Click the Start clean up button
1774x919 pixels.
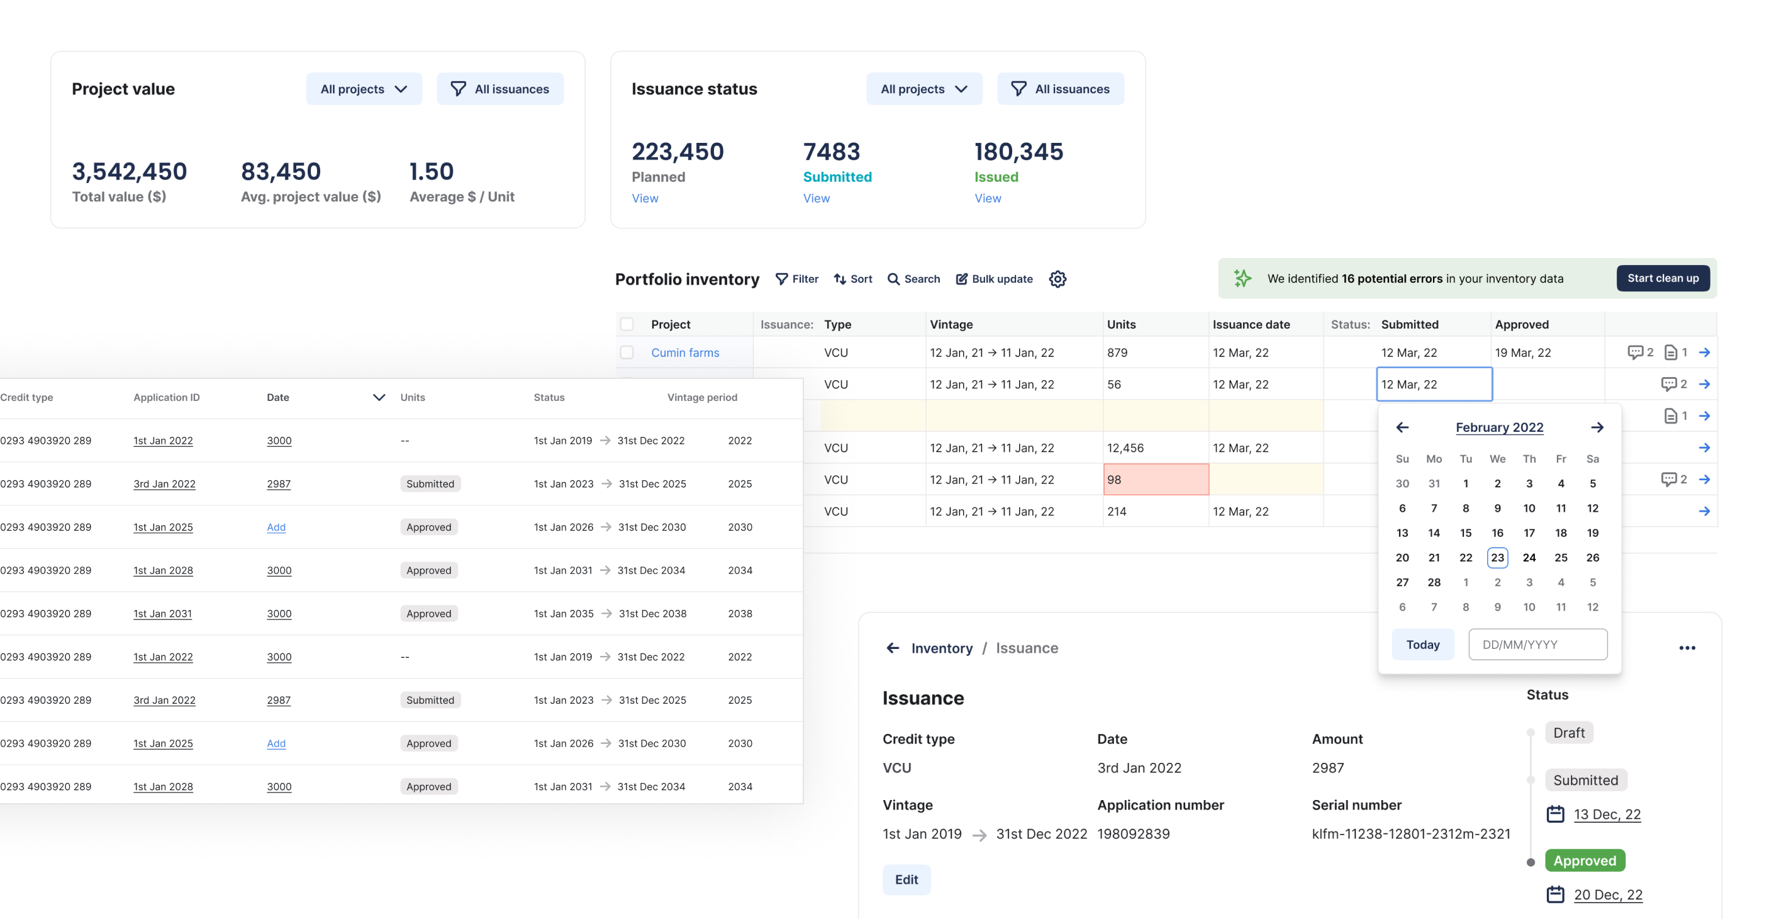click(x=1663, y=278)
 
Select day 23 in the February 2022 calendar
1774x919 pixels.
click(x=1497, y=557)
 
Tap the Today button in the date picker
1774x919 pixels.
click(x=1422, y=644)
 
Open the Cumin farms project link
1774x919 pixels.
click(x=684, y=352)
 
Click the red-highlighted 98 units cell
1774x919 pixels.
click(x=1155, y=480)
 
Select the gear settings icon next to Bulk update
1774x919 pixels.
click(x=1057, y=279)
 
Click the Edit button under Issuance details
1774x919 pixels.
click(x=906, y=880)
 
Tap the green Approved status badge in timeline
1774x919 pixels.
click(x=1584, y=860)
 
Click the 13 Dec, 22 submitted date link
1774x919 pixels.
click(x=1607, y=815)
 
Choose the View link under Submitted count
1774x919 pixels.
click(x=816, y=198)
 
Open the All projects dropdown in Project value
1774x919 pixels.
click(x=364, y=89)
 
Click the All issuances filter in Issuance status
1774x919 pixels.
click(x=1060, y=89)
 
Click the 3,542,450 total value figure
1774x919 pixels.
click(x=130, y=171)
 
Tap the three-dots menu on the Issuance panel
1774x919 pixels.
click(x=1687, y=648)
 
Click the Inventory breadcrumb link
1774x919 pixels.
click(x=941, y=648)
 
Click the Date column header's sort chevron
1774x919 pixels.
click(x=379, y=397)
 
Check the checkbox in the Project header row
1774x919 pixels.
click(x=627, y=324)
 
